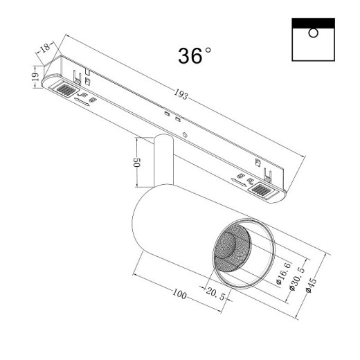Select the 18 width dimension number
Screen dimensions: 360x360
pos(45,47)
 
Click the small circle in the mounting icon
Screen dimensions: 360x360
pos(313,33)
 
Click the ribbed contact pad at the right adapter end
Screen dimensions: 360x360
pos(262,190)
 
